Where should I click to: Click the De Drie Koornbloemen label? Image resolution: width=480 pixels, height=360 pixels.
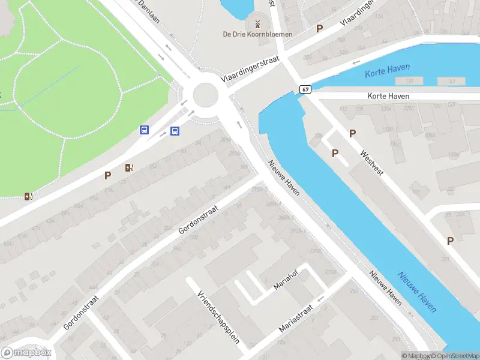pyautogui.click(x=257, y=34)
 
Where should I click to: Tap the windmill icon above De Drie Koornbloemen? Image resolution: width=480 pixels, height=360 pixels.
pyautogui.click(x=257, y=24)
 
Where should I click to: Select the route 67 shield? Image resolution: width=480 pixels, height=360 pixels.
pyautogui.click(x=305, y=89)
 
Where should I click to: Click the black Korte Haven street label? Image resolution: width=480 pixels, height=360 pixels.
pyautogui.click(x=388, y=96)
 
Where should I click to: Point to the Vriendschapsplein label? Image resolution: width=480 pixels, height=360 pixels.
pyautogui.click(x=218, y=317)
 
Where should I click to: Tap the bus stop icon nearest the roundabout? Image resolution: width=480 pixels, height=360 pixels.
pyautogui.click(x=175, y=131)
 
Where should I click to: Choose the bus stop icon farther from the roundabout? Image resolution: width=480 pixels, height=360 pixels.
pyautogui.click(x=145, y=129)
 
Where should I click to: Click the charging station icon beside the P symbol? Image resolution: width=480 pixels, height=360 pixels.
pyautogui.click(x=129, y=167)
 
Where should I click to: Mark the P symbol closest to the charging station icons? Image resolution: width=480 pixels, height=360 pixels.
pyautogui.click(x=108, y=175)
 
